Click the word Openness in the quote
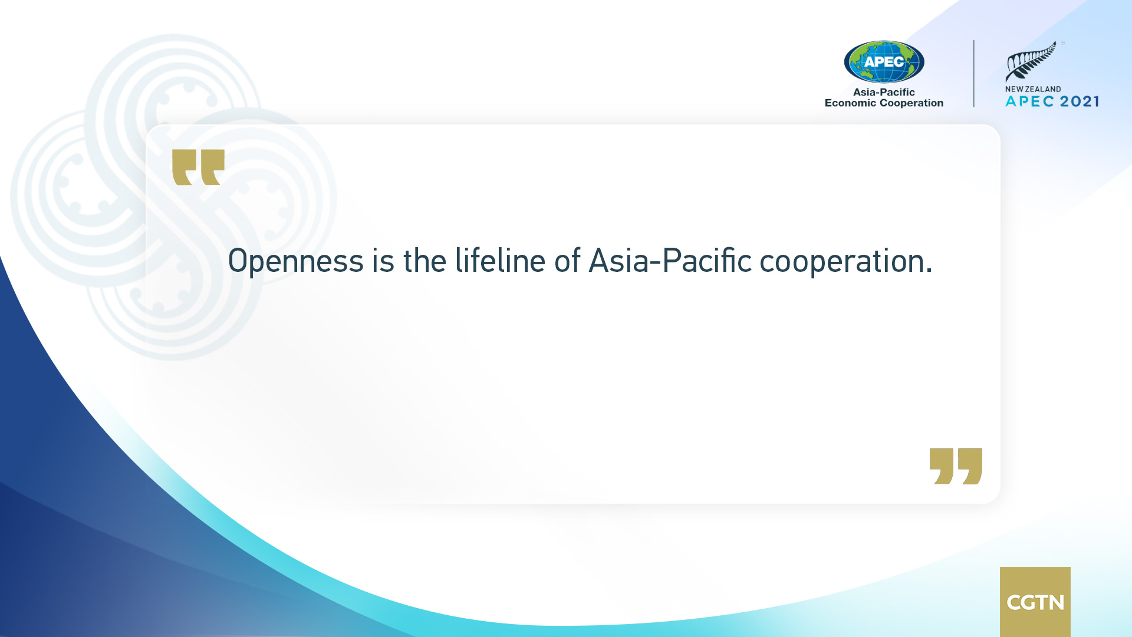(x=296, y=261)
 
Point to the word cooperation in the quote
(x=841, y=262)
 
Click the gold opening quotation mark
(x=198, y=167)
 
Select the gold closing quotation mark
(x=956, y=466)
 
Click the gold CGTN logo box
(x=1035, y=602)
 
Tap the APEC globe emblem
(x=884, y=61)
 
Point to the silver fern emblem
(x=1031, y=61)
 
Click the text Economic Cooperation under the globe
(x=884, y=103)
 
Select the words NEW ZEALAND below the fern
(x=1033, y=89)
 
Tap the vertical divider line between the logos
(x=974, y=74)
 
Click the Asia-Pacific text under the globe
(x=884, y=92)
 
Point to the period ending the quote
(x=929, y=271)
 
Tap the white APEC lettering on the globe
(x=884, y=61)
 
